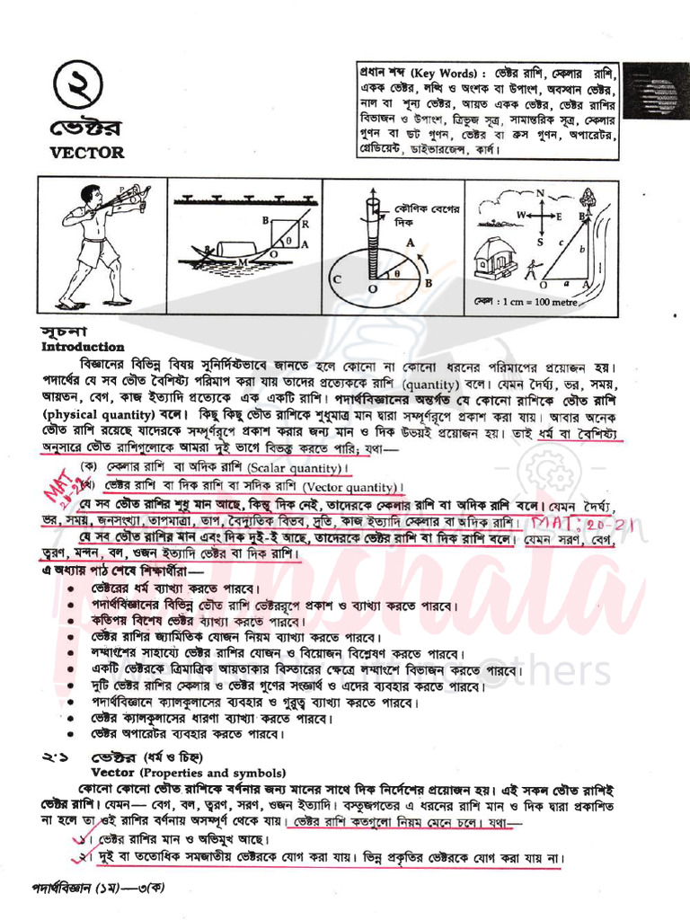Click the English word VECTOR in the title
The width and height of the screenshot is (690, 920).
(87, 153)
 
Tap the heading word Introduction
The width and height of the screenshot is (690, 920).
(83, 347)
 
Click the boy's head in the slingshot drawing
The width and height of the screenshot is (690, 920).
(91, 195)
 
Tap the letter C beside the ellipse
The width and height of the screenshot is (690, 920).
(339, 279)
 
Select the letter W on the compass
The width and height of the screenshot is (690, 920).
(520, 216)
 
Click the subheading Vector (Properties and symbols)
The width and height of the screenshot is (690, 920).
(188, 773)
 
